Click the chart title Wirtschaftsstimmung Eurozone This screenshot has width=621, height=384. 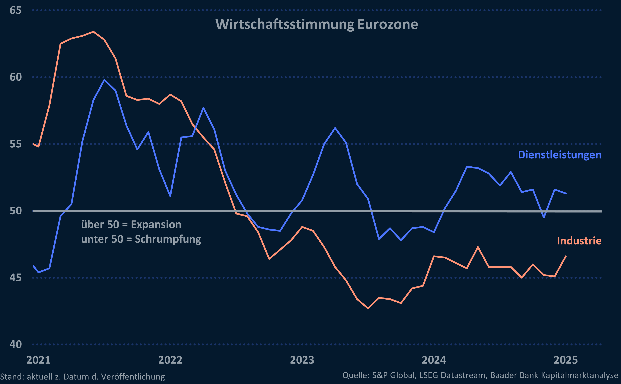317,24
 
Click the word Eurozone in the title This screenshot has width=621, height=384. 387,24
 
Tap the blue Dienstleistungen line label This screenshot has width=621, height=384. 559,155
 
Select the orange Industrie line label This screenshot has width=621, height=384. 579,241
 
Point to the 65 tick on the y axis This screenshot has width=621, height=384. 15,10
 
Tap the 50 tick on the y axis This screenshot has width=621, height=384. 15,211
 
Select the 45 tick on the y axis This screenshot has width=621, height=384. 15,278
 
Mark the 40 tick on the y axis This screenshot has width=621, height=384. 15,344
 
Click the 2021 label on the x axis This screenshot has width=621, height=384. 38,360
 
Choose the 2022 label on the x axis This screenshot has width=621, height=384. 170,360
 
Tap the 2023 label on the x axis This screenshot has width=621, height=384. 302,360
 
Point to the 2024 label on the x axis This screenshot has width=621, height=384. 434,360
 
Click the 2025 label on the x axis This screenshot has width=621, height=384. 566,360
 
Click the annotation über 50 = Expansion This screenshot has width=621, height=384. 131,225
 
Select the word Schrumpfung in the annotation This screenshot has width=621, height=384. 168,239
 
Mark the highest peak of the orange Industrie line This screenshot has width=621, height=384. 94,32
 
